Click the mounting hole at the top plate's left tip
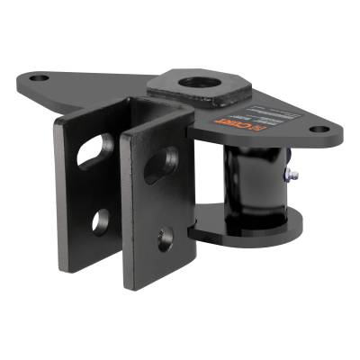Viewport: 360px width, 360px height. pos(38,78)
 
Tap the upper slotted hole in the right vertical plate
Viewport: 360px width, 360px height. pos(161,166)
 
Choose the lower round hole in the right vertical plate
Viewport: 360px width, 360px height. pos(166,238)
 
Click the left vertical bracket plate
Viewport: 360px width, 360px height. pos(76,189)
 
